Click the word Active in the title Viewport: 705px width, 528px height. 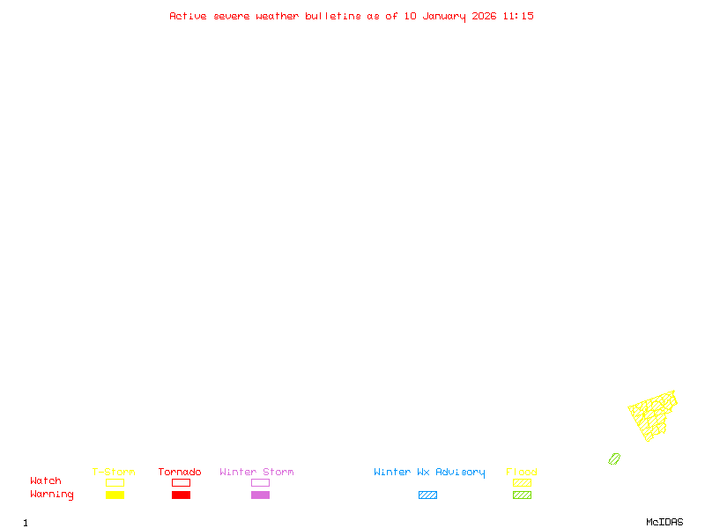click(188, 16)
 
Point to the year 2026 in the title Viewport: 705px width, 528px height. click(484, 16)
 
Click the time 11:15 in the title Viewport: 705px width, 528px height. click(518, 16)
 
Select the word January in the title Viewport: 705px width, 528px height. click(444, 17)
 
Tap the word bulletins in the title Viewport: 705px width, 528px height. click(333, 16)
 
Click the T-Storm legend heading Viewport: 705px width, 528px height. click(114, 472)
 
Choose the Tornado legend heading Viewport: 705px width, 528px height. click(180, 472)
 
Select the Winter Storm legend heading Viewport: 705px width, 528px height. click(256, 472)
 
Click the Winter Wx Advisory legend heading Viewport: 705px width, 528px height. click(429, 473)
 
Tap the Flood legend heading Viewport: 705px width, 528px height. click(522, 472)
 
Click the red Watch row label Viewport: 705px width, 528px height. click(46, 480)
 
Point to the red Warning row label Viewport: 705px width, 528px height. click(52, 495)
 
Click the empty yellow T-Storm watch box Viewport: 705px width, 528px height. click(115, 482)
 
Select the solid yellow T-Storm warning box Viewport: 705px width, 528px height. click(115, 495)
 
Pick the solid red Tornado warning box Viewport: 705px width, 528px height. click(182, 495)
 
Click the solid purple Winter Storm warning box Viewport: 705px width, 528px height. click(260, 495)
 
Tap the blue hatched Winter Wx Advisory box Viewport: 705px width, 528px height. click(427, 495)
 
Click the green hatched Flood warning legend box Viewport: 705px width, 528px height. click(522, 495)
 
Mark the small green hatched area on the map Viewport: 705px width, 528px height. click(614, 458)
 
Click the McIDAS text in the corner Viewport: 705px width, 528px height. click(664, 522)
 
